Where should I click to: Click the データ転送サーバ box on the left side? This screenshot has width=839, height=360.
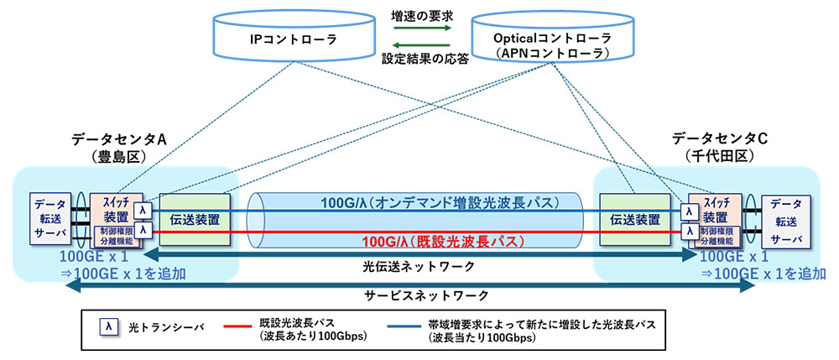(x=50, y=220)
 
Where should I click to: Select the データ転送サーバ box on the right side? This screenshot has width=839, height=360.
(x=786, y=220)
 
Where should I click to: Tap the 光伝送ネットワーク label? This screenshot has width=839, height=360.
(x=419, y=265)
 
